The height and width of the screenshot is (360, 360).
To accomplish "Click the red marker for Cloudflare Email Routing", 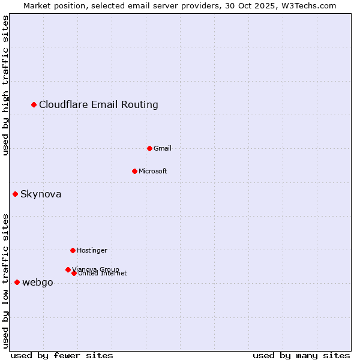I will (34, 105).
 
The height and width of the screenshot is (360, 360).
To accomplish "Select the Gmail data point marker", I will (149, 148).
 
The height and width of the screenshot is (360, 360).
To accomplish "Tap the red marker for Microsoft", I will (134, 171).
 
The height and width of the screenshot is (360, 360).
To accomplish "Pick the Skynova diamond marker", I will (16, 194).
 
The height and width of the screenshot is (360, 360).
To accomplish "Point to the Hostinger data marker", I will (73, 250).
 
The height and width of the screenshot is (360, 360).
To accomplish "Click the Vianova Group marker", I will (68, 269).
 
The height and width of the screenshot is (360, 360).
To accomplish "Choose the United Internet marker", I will (74, 273).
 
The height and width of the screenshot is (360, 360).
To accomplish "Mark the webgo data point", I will (17, 282).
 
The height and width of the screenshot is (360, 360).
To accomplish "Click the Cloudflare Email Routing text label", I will (98, 105).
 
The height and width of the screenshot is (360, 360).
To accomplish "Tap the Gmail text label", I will (163, 148).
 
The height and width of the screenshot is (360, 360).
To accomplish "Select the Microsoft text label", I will (152, 171).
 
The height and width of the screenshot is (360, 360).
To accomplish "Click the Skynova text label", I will (41, 194).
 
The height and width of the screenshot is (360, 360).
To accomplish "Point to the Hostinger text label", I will (92, 250).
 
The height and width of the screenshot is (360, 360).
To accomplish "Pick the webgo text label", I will (37, 283).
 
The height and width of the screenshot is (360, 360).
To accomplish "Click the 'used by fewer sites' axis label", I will (62, 355).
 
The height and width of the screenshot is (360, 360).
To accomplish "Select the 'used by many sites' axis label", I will (301, 355).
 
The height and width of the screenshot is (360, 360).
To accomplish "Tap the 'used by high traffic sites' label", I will (6, 85).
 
